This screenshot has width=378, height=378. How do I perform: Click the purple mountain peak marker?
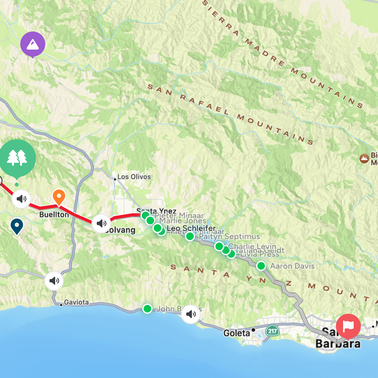pyautogui.click(x=33, y=44)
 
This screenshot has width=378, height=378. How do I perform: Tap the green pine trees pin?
pyautogui.click(x=17, y=157)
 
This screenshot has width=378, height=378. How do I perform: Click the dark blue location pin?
pyautogui.click(x=17, y=226)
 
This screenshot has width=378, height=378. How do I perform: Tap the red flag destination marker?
pyautogui.click(x=348, y=326)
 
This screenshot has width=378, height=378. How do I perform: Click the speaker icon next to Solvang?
pyautogui.click(x=101, y=223)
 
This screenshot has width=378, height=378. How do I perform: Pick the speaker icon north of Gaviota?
pyautogui.click(x=54, y=280)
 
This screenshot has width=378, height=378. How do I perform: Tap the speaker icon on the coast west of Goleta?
pyautogui.click(x=191, y=314)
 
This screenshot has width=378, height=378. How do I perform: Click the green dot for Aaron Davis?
pyautogui.click(x=261, y=266)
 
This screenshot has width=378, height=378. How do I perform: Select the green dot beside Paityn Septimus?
pyautogui.click(x=190, y=236)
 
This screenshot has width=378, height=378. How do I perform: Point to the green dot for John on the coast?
pyautogui.click(x=147, y=309)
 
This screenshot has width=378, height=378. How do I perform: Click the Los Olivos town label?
pyautogui.click(x=134, y=177)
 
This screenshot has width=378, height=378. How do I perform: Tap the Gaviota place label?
pyautogui.click(x=76, y=302)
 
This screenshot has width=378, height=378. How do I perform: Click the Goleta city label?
pyautogui.click(x=237, y=333)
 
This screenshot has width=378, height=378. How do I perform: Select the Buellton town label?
pyautogui.click(x=54, y=215)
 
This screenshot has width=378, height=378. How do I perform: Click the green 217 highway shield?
pyautogui.click(x=272, y=331)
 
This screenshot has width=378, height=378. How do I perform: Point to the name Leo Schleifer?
pyautogui.click(x=191, y=228)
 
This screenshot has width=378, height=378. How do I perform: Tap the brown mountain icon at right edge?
pyautogui.click(x=364, y=158)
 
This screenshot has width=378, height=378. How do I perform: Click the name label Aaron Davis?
pyautogui.click(x=292, y=266)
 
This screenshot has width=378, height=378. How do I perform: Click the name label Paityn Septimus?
pyautogui.click(x=229, y=236)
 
